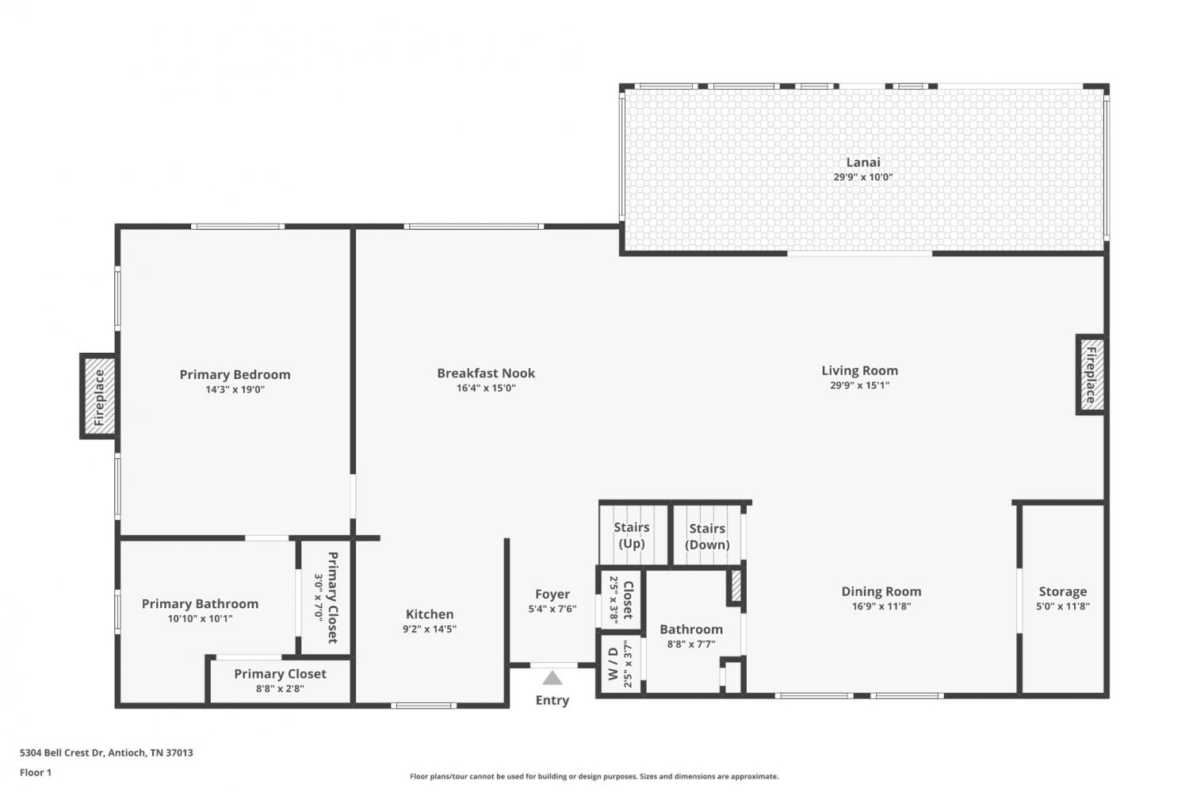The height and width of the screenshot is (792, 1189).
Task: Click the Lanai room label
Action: point(863,163)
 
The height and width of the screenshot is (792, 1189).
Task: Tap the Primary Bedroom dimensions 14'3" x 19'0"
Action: point(235,389)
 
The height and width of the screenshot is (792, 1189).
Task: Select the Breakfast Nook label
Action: point(486,373)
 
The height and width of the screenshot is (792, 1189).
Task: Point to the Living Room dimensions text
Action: point(859,385)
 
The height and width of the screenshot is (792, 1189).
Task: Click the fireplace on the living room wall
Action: point(1091,375)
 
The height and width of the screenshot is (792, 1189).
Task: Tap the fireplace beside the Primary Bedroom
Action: point(99,396)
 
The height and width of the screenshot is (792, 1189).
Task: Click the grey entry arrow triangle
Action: point(552,678)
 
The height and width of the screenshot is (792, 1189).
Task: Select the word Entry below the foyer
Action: point(552,700)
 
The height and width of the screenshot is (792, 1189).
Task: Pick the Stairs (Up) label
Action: point(632,536)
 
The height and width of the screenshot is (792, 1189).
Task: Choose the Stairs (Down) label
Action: point(707,537)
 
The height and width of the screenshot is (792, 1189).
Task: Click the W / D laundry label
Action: point(613,664)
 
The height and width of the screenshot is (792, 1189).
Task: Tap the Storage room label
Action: point(1063,591)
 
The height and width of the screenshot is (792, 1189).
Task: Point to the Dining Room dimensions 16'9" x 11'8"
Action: point(881,606)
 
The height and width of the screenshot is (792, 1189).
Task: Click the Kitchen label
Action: point(430,614)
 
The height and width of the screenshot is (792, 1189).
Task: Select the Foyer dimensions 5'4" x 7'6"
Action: point(552,609)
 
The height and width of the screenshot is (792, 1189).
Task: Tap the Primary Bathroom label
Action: point(200,604)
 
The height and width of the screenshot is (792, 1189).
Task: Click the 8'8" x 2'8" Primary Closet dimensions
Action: point(280,689)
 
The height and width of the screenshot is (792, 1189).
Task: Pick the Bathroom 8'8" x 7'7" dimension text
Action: point(691,645)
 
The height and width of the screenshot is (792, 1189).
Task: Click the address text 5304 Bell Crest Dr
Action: point(62,752)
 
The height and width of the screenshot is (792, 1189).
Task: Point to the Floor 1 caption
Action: point(36,772)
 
